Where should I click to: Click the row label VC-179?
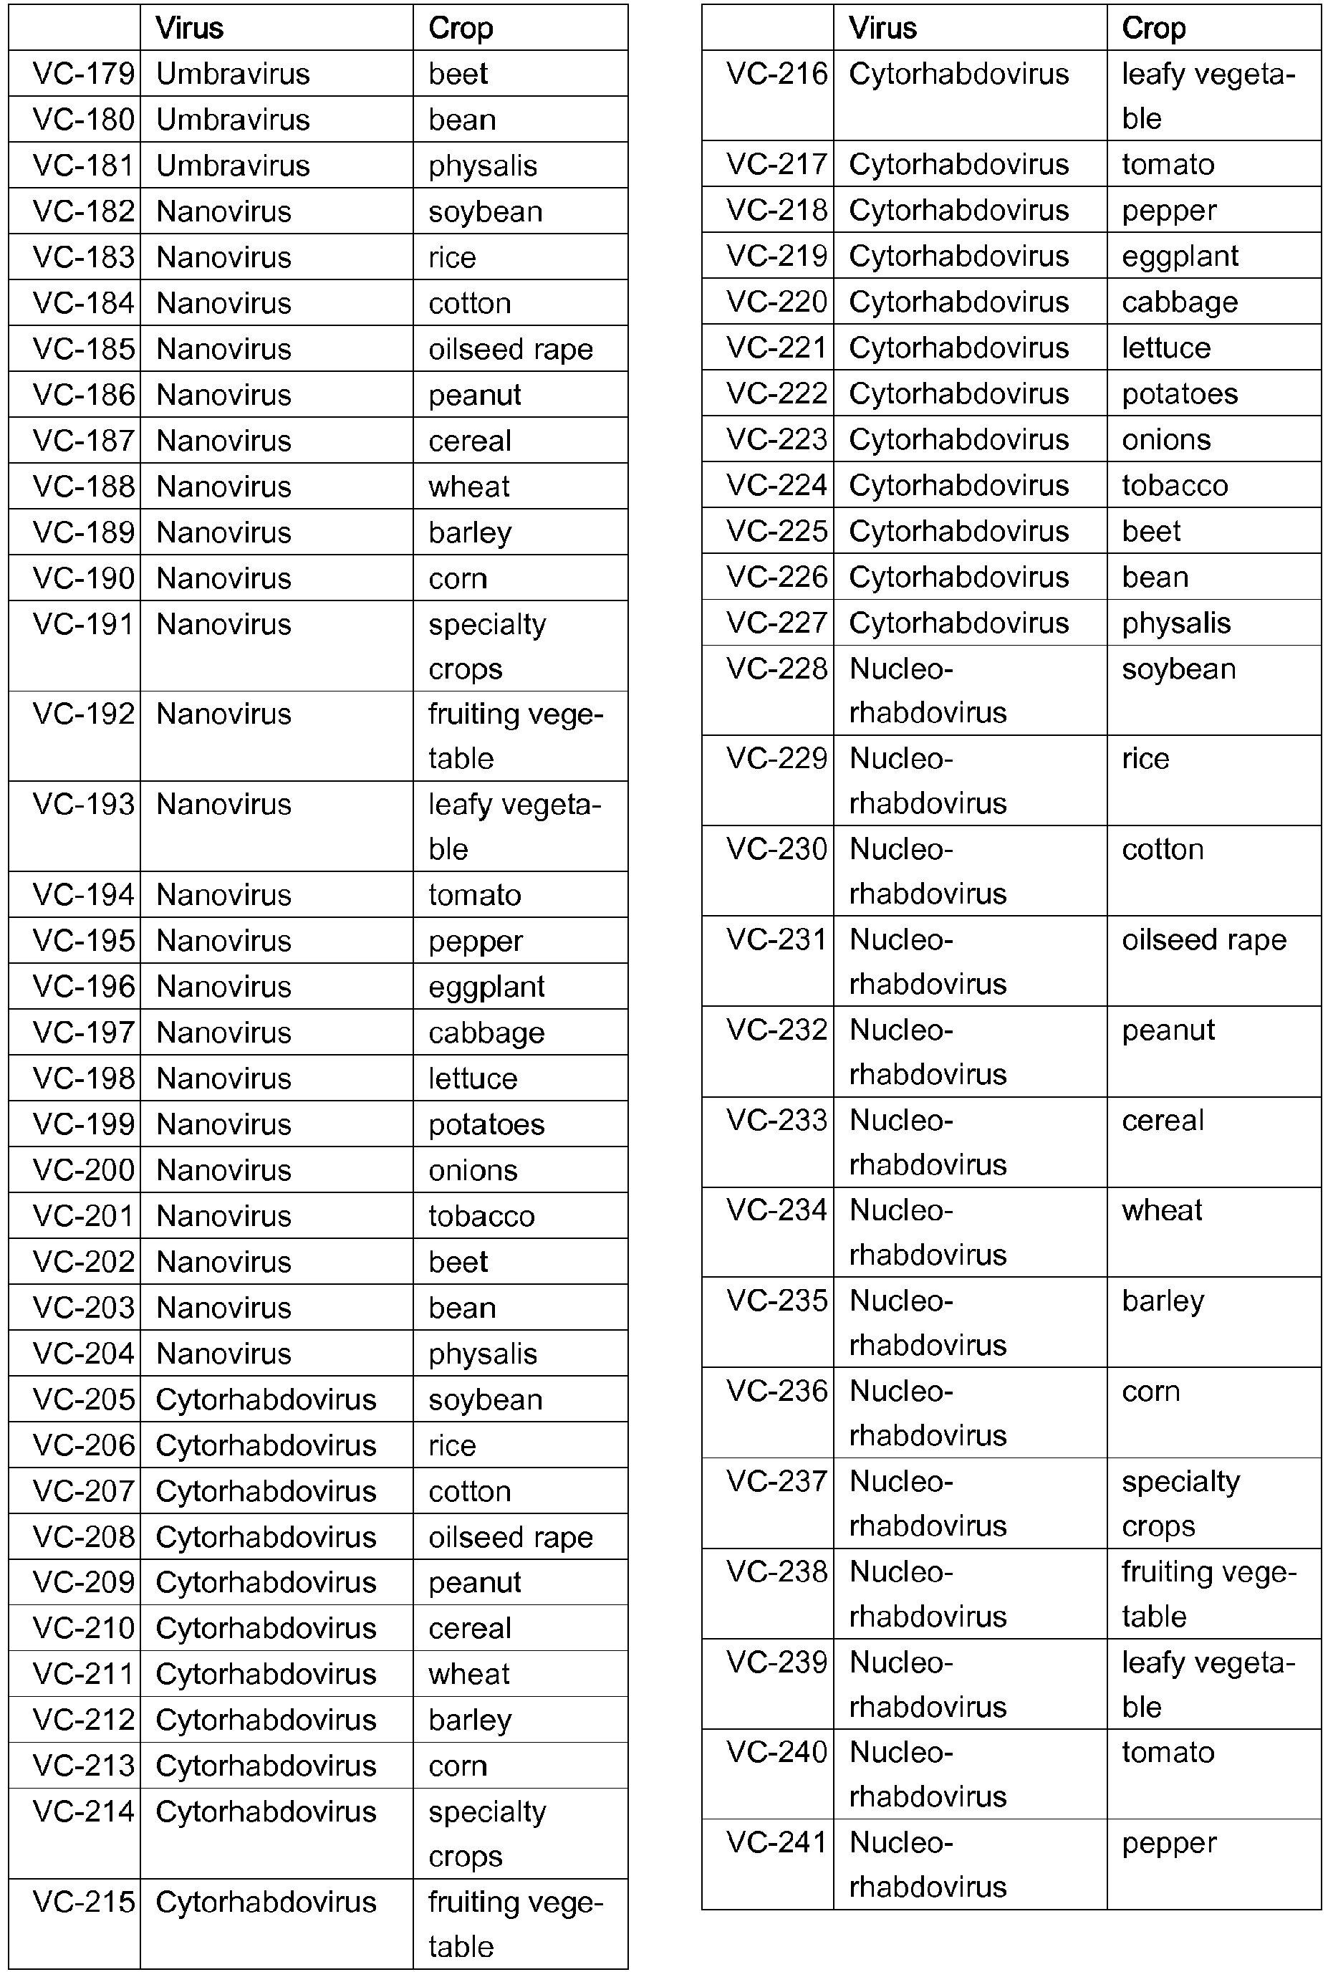point(83,74)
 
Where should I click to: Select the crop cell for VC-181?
point(483,166)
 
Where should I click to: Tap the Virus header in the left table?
point(190,28)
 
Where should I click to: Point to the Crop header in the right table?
point(1153,28)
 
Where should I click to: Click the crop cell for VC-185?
point(510,349)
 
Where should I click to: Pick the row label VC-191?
point(83,624)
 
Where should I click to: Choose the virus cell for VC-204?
point(223,1353)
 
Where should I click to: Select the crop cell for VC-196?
point(486,986)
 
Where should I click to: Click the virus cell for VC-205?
point(266,1399)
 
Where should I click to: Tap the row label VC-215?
point(83,1902)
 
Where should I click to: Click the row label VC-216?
point(776,74)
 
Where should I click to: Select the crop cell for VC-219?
point(1180,256)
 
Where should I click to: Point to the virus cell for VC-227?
point(958,623)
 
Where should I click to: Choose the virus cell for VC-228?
point(928,690)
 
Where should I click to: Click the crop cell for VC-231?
point(1203,939)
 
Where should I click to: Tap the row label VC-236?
point(776,1391)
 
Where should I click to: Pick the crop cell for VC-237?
point(1180,1503)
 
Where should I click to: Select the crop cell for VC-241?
point(1169,1842)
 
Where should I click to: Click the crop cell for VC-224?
point(1175,485)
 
